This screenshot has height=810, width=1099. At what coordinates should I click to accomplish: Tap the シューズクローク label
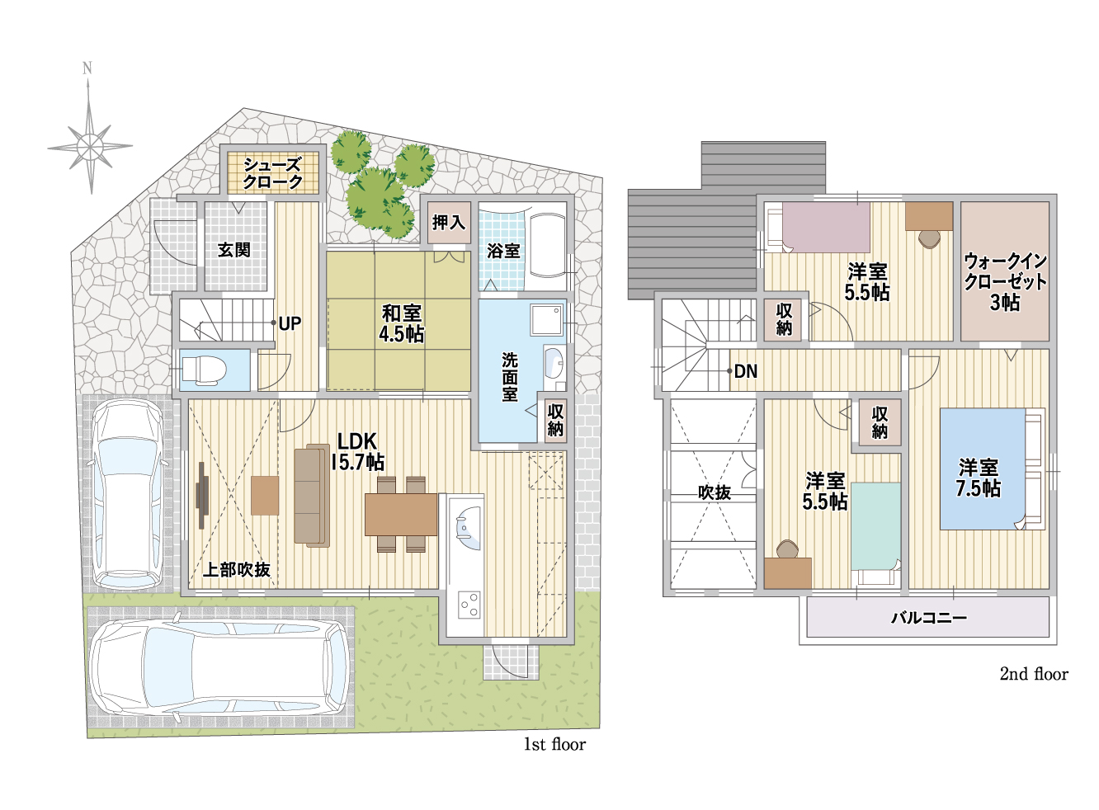(x=273, y=173)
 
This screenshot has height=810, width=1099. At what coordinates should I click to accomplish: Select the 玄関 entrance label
(x=234, y=250)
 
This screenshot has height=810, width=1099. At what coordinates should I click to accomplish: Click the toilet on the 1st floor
(x=204, y=369)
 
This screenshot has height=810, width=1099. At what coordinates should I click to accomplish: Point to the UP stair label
(x=290, y=324)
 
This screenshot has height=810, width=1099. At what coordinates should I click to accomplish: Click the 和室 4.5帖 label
(x=401, y=323)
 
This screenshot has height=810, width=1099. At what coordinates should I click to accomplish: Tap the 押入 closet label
(x=449, y=223)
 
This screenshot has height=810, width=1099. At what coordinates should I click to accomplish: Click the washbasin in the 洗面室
(x=554, y=363)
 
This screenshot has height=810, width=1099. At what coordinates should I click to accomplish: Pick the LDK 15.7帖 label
(x=357, y=452)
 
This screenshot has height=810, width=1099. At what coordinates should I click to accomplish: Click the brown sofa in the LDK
(x=312, y=495)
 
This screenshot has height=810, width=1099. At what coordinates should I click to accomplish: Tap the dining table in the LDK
(x=401, y=514)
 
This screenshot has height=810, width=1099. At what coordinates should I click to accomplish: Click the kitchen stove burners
(x=469, y=605)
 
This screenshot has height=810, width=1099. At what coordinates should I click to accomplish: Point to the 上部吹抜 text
(x=237, y=570)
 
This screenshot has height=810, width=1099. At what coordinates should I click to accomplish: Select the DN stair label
(x=746, y=371)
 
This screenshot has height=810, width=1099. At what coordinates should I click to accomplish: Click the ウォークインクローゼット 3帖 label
(x=1005, y=282)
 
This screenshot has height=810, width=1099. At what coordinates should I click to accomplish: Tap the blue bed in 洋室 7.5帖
(x=983, y=469)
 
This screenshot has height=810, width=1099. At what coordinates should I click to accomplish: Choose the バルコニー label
(x=929, y=617)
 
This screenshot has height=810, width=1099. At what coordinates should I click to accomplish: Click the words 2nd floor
(x=1034, y=674)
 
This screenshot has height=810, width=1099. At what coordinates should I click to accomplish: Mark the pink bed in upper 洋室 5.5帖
(x=826, y=227)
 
